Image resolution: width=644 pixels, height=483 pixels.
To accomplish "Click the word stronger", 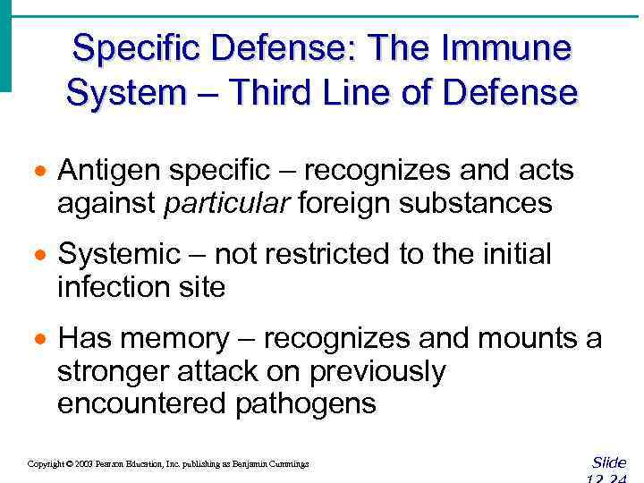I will pyautogui.click(x=115, y=371).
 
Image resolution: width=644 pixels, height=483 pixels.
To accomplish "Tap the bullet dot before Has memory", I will pyautogui.click(x=38, y=340).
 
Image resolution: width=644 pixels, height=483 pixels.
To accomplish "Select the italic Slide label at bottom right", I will pyautogui.click(x=609, y=462).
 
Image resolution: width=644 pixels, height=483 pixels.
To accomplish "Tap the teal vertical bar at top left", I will pyautogui.click(x=5, y=45).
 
